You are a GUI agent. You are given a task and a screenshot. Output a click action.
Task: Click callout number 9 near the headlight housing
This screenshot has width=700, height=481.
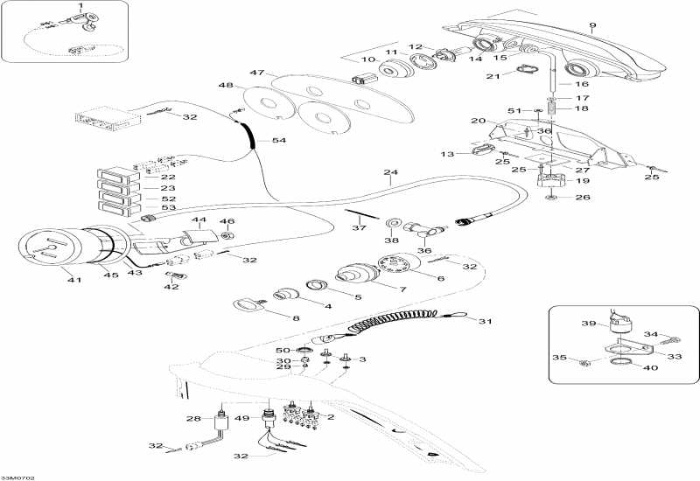[592, 24]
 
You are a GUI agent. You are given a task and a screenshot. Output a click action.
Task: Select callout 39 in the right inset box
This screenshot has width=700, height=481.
[589, 323]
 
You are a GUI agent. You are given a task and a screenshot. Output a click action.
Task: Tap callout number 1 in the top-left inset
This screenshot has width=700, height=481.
[80, 7]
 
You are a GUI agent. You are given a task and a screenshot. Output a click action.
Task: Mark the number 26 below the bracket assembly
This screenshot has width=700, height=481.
[582, 197]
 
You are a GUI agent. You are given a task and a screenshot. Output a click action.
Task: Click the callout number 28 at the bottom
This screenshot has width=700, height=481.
[193, 420]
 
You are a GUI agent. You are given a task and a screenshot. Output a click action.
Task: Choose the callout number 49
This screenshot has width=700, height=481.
[242, 418]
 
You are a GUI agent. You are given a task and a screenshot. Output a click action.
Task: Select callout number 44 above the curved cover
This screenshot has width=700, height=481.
[199, 222]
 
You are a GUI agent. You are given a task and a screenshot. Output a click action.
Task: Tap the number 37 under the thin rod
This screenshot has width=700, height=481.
[360, 228]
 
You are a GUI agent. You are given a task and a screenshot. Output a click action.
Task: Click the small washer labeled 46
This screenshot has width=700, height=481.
[227, 236]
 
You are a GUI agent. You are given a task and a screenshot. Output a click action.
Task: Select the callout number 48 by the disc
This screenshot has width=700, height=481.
[226, 85]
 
